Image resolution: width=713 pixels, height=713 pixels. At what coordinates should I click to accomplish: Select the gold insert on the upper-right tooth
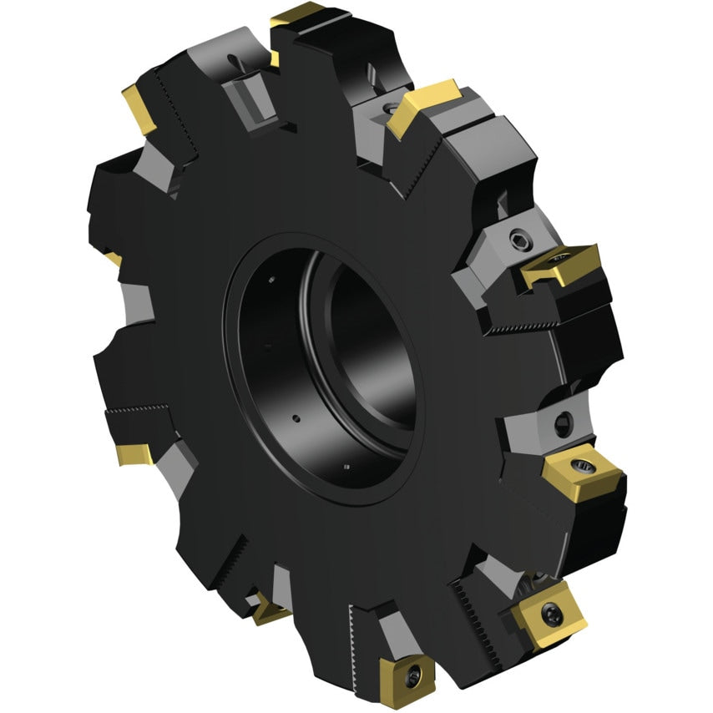pos(422,107)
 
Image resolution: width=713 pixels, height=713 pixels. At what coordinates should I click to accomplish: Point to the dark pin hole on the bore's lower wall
pos(295,417)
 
